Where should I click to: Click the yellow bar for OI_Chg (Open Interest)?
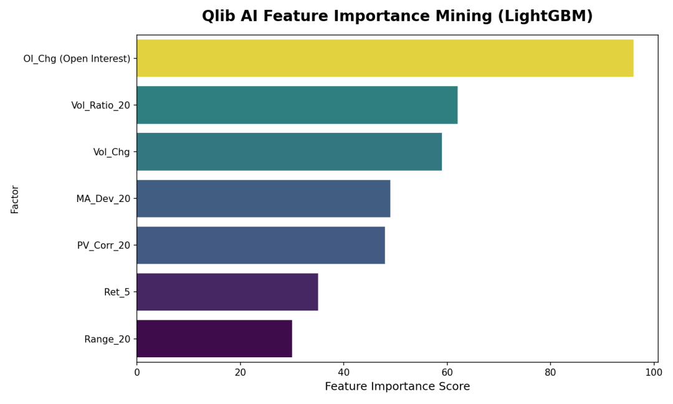pyautogui.click(x=384, y=58)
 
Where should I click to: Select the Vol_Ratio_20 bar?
pyautogui.click(x=297, y=105)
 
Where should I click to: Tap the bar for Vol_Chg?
pyautogui.click(x=289, y=151)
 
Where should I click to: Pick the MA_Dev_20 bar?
pyautogui.click(x=263, y=198)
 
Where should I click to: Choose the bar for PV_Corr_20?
pyautogui.click(x=260, y=245)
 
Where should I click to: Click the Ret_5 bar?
pyautogui.click(x=227, y=292)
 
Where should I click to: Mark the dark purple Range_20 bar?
pyautogui.click(x=214, y=339)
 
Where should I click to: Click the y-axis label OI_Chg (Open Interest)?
pyautogui.click(x=77, y=59)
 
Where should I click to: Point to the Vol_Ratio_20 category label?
pyautogui.click(x=100, y=105)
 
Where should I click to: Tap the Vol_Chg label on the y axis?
pyautogui.click(x=112, y=152)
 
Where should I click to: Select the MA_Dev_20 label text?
pyautogui.click(x=103, y=199)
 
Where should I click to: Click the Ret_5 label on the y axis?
pyautogui.click(x=117, y=292)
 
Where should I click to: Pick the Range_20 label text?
pyautogui.click(x=107, y=339)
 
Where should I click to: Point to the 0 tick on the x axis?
pyautogui.click(x=137, y=373)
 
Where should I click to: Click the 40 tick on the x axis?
pyautogui.click(x=343, y=373)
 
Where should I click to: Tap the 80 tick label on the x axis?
pyautogui.click(x=550, y=373)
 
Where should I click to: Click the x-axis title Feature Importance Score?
pyautogui.click(x=397, y=387)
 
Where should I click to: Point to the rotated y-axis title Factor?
pyautogui.click(x=15, y=199)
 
